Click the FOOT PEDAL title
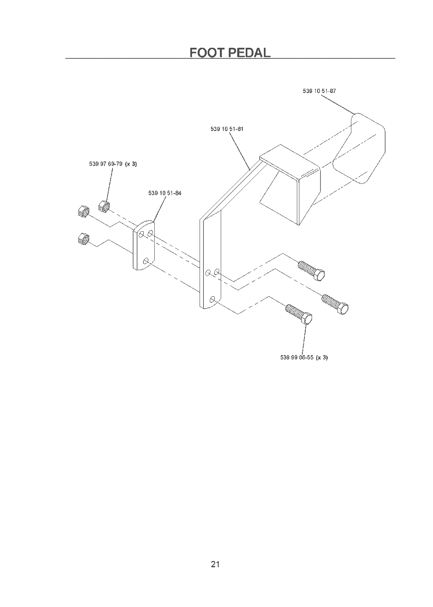pyautogui.click(x=230, y=52)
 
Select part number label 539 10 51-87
pyautogui.click(x=319, y=91)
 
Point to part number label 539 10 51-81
pyautogui.click(x=227, y=129)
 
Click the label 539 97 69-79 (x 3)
pyautogui.click(x=113, y=164)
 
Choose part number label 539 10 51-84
pyautogui.click(x=165, y=193)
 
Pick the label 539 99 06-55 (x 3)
pyautogui.click(x=304, y=358)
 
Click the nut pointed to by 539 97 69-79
pyautogui.click(x=104, y=206)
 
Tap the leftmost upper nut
pyautogui.click(x=83, y=211)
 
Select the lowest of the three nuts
pyautogui.click(x=83, y=238)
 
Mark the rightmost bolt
pyautogui.click(x=335, y=304)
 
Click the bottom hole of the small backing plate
pyautogui.click(x=146, y=261)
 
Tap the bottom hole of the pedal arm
pyautogui.click(x=213, y=299)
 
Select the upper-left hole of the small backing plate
pyautogui.click(x=141, y=235)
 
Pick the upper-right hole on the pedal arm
pyautogui.click(x=216, y=271)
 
